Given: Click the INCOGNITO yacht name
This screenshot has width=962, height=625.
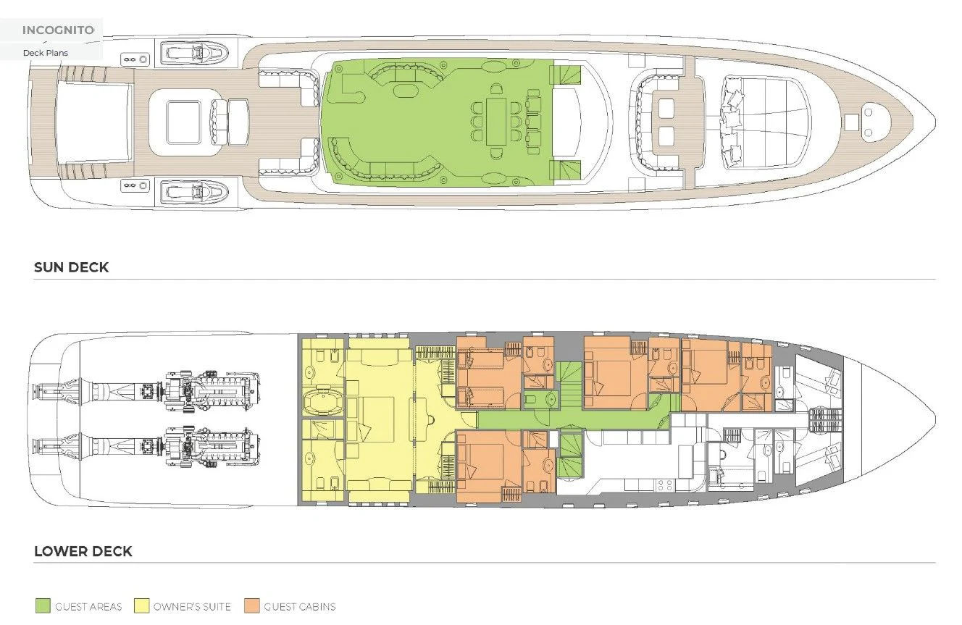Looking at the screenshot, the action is tap(58, 30).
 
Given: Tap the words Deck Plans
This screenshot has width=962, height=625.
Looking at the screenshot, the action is tap(46, 53).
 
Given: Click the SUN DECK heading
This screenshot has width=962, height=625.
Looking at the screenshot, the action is tap(71, 267).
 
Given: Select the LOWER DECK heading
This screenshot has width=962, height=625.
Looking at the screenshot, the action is tap(83, 550).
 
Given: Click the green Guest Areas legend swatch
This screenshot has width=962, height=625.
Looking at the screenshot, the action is tap(43, 605).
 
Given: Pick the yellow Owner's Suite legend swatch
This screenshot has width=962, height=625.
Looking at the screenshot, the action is tap(141, 605).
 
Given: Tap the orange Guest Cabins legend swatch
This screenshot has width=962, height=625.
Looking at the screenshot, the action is tap(252, 605).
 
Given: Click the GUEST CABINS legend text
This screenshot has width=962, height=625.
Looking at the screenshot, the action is tap(300, 607).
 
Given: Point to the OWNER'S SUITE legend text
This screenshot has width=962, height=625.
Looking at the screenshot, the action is tap(192, 607).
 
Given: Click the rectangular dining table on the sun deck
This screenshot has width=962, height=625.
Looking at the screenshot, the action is tap(496, 122).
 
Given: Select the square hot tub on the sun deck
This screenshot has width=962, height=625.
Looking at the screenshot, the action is tap(184, 122).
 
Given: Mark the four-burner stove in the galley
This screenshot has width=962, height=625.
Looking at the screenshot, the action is tap(664, 485).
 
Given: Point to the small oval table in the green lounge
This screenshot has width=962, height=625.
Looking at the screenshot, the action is tap(403, 91).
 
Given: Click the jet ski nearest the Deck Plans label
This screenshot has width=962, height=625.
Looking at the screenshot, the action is tap(195, 53).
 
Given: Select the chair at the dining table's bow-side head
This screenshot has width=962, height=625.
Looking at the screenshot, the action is tap(496, 89).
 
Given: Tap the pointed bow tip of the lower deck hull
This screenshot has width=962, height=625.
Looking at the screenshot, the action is tap(935, 419).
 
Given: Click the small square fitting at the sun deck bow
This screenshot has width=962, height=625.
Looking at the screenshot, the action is tap(851, 122).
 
